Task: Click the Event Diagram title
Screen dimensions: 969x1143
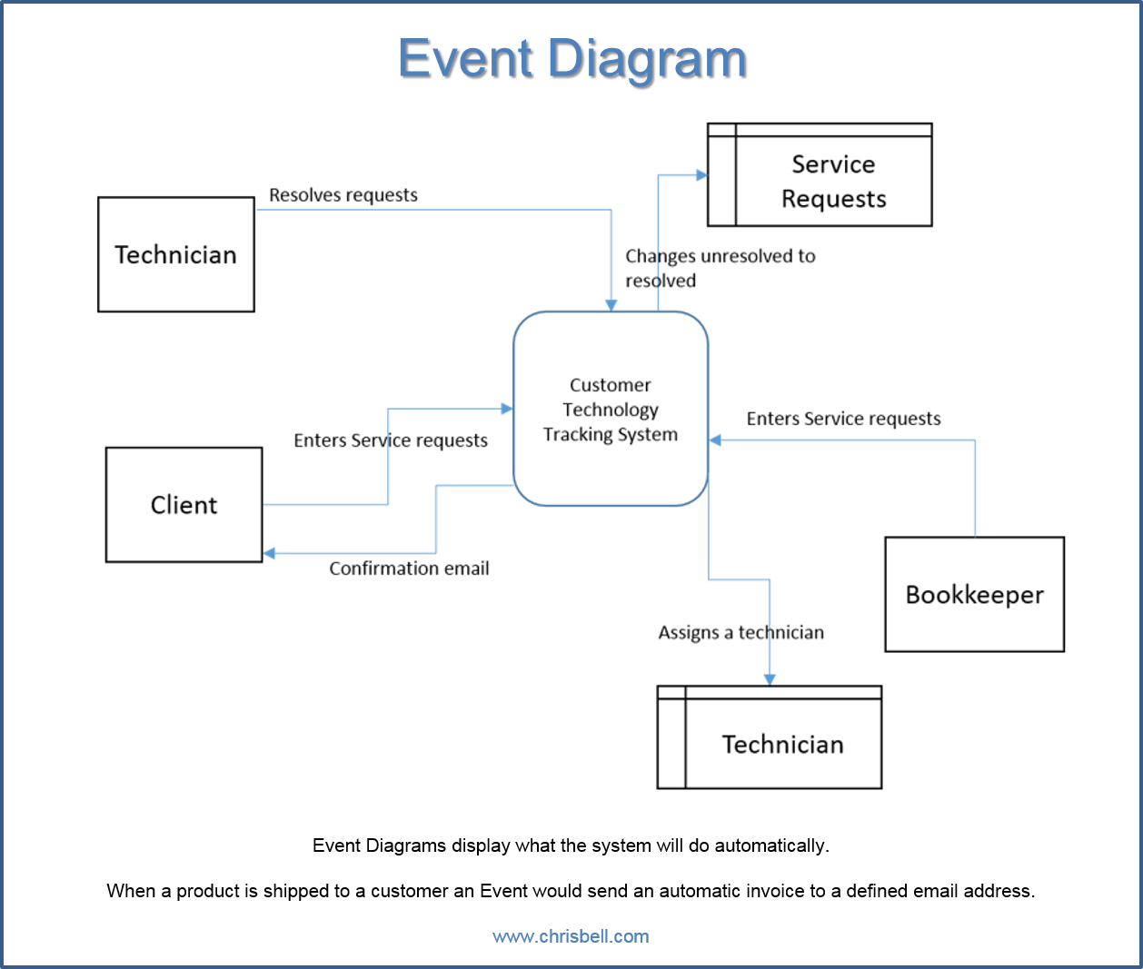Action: tap(571, 58)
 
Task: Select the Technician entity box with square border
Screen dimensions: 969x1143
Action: tap(175, 254)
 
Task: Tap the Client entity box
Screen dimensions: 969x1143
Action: tap(184, 504)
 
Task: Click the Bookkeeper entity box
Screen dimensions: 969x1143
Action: tap(974, 594)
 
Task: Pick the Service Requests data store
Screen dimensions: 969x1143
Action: tap(820, 175)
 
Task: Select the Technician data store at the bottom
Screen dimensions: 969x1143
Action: tap(769, 737)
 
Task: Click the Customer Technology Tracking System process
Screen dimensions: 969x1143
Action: tap(610, 409)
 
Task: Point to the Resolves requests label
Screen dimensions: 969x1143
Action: tap(343, 195)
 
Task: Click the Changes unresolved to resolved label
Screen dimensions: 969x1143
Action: tap(720, 268)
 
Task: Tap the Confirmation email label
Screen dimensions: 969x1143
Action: tap(409, 569)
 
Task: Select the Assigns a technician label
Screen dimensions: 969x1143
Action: tap(740, 632)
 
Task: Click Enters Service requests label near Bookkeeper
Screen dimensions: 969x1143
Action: tap(843, 419)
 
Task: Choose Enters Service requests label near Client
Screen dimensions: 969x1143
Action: tap(391, 440)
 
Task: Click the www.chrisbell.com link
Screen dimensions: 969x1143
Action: tap(571, 936)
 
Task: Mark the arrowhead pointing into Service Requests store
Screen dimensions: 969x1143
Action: tap(701, 174)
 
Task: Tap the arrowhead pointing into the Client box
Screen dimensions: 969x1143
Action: tap(269, 553)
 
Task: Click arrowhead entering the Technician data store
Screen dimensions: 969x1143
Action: tap(770, 679)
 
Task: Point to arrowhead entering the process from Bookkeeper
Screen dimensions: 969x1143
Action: tap(715, 440)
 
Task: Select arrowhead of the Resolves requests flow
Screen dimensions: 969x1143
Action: tap(611, 306)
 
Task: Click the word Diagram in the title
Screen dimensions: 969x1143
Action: tap(647, 58)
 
